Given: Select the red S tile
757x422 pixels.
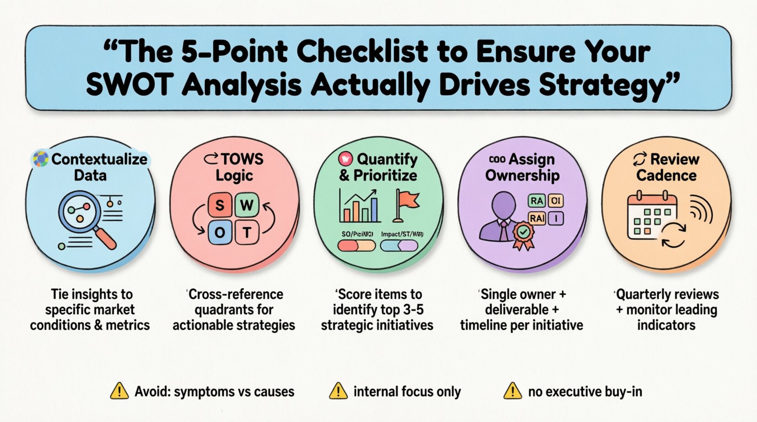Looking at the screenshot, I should [220, 206].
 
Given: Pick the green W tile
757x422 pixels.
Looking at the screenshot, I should [247, 206].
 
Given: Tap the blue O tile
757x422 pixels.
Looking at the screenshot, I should [220, 232].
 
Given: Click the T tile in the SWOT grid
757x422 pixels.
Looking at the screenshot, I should [247, 232].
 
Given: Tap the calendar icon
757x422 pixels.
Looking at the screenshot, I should [651, 216].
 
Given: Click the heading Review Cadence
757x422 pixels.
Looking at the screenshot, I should [666, 167].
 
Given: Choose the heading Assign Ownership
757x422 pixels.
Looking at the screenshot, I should [522, 167].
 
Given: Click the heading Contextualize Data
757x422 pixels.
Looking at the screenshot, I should [91, 167].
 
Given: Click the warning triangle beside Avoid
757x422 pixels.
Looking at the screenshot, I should [119, 391].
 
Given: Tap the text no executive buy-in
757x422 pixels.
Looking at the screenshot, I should [585, 392].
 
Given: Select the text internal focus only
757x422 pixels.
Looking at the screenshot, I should [407, 392].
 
